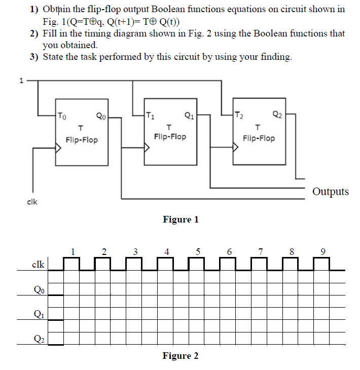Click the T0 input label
point(61,115)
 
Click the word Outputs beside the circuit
point(331,192)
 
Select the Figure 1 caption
point(181,219)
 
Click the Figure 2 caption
point(181,356)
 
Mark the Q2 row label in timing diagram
point(38,338)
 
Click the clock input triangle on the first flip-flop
point(58,149)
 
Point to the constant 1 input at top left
point(21,80)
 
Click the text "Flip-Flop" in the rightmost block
point(259,138)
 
